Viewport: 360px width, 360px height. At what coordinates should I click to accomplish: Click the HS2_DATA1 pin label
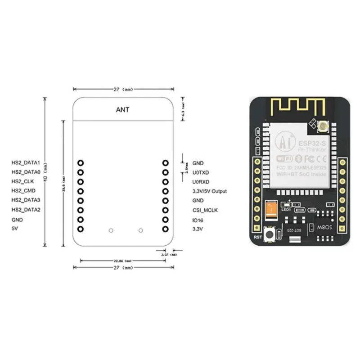tap(26, 163)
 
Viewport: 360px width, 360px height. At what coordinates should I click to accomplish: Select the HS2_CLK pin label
tap(23, 182)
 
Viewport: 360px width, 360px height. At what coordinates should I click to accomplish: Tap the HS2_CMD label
tap(23, 191)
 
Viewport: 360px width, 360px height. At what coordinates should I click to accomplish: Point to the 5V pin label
tap(14, 229)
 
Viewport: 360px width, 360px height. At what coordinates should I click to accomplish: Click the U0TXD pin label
tap(200, 172)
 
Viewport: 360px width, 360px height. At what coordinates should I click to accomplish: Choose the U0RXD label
tap(200, 182)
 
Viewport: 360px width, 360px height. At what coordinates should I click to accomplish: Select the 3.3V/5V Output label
tap(209, 191)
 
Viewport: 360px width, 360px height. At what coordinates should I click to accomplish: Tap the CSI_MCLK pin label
tap(205, 210)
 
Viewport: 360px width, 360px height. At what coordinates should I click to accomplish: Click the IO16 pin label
tap(198, 220)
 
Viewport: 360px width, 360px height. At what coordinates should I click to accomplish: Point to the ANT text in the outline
tap(122, 109)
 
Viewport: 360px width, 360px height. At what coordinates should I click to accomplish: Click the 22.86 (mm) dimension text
tap(122, 261)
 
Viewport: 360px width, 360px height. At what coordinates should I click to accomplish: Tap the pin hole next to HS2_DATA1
tap(80, 163)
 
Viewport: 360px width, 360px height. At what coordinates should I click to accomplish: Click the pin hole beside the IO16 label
tap(165, 220)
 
